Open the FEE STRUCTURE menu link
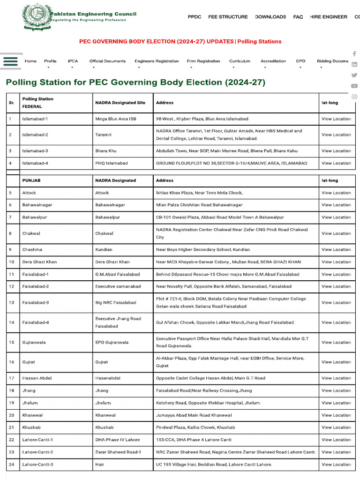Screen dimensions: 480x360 click(228, 17)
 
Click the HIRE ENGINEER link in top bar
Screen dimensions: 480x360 click(328, 17)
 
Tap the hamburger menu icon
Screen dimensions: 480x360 click(10, 61)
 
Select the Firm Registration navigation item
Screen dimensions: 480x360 click(203, 61)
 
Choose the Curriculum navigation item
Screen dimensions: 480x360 click(240, 61)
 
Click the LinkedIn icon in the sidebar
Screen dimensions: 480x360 click(354, 64)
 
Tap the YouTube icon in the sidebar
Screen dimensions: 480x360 click(354, 86)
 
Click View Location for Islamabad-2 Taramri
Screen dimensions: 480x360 click(336, 135)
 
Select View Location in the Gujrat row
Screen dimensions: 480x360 click(336, 362)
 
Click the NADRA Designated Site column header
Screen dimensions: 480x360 click(120, 103)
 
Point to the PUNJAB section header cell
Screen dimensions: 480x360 click(31, 180)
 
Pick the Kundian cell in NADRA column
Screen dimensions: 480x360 click(104, 250)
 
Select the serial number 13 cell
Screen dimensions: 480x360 click(11, 303)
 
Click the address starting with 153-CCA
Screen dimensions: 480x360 click(194, 440)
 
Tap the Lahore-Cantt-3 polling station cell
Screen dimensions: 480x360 click(37, 465)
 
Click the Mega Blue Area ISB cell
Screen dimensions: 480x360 click(115, 119)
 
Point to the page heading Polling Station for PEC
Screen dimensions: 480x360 click(135, 82)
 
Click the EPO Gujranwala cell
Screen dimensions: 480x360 click(112, 343)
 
